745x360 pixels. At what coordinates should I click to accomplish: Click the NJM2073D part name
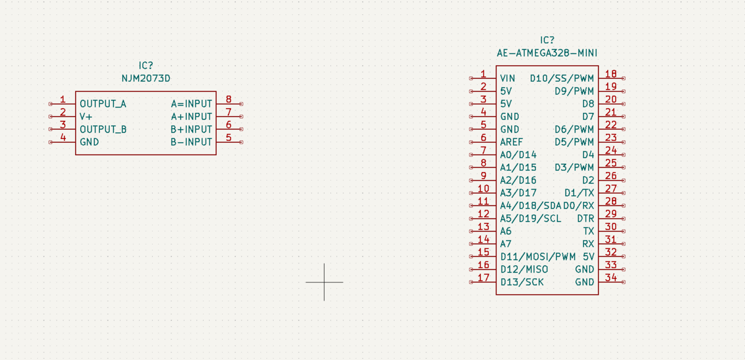pyautogui.click(x=146, y=78)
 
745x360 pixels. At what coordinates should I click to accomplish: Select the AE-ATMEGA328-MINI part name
pyautogui.click(x=547, y=53)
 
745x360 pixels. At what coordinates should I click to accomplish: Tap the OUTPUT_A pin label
pyautogui.click(x=103, y=104)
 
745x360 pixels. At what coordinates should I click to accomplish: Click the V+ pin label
pyautogui.click(x=86, y=117)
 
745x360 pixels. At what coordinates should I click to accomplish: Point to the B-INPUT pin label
pyautogui.click(x=191, y=142)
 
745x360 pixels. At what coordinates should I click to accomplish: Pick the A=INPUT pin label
pyautogui.click(x=191, y=104)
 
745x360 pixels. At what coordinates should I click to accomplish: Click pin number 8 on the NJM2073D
pyautogui.click(x=228, y=99)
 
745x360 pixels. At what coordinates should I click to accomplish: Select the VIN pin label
pyautogui.click(x=508, y=78)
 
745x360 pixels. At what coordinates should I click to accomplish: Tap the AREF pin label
pyautogui.click(x=512, y=142)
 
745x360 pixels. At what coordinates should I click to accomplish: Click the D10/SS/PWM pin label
pyautogui.click(x=562, y=78)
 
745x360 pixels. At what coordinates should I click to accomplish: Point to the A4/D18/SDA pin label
pyautogui.click(x=531, y=206)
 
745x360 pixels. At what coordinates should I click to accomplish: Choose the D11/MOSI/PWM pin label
pyautogui.click(x=538, y=256)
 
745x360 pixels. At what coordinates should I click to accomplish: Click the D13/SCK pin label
pyautogui.click(x=522, y=282)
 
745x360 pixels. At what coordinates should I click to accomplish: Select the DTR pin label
pyautogui.click(x=585, y=218)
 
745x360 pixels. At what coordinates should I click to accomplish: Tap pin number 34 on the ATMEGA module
pyautogui.click(x=611, y=277)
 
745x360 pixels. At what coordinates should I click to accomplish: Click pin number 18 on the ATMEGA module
pyautogui.click(x=611, y=73)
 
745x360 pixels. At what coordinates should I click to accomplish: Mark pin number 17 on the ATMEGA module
pyautogui.click(x=483, y=277)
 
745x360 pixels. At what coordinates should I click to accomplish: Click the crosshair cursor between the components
pyautogui.click(x=324, y=282)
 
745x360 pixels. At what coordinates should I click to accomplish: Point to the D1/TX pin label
pyautogui.click(x=579, y=193)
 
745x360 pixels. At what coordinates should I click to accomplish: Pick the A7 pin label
pyautogui.click(x=505, y=244)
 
